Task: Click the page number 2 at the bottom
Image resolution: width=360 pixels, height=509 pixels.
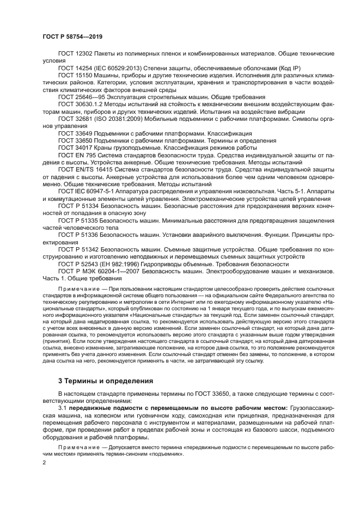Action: pos(44,462)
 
